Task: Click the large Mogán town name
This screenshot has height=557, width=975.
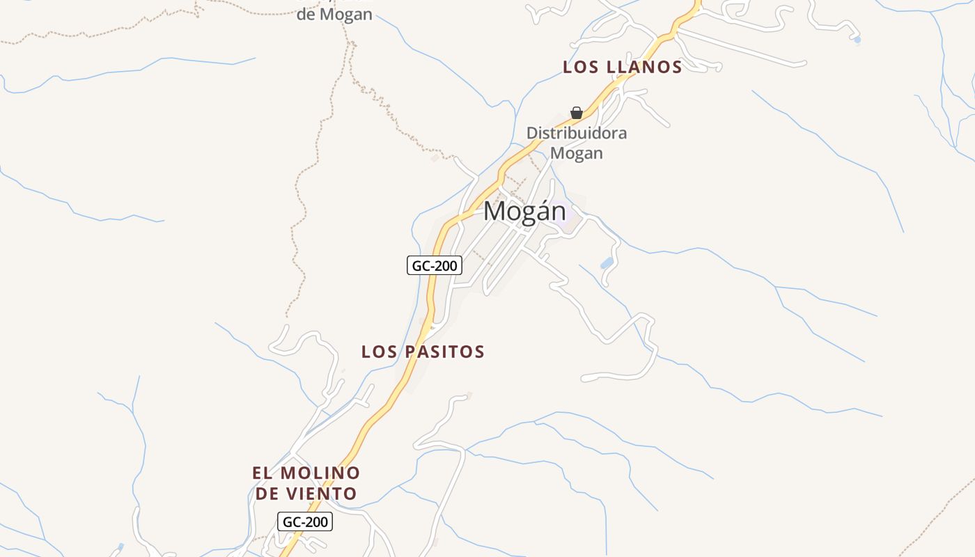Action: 524,211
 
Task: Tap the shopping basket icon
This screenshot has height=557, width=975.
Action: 577,113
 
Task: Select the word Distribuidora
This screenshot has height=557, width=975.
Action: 576,133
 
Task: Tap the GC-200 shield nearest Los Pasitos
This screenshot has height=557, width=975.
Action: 435,265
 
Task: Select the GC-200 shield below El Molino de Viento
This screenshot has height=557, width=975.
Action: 305,521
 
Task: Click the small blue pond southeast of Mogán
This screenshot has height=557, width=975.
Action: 607,263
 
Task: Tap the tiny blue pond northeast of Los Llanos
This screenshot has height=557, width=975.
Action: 857,40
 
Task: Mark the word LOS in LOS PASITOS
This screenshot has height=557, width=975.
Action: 378,352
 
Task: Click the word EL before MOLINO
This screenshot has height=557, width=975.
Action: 262,473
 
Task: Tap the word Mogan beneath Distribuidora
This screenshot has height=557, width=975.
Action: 576,152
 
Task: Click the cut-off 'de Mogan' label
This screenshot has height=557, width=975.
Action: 334,13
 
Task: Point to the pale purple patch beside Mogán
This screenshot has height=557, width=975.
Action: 573,216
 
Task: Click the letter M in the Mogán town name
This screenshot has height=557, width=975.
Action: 495,211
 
